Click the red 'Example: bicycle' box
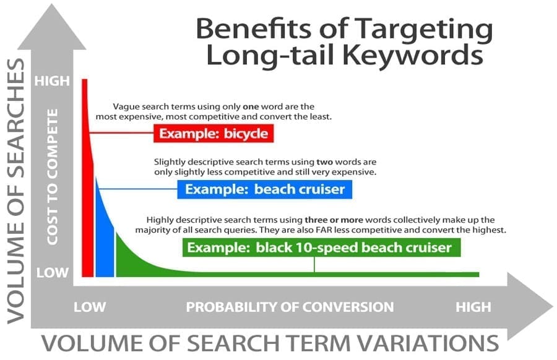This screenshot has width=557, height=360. click(214, 134)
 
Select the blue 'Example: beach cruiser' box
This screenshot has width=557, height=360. click(265, 189)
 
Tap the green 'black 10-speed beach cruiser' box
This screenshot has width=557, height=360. click(321, 247)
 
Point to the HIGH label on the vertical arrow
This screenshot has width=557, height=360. click(52, 81)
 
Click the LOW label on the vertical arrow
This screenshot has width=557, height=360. click(52, 273)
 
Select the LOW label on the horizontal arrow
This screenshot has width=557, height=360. click(90, 307)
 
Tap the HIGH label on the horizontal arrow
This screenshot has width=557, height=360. click(473, 307)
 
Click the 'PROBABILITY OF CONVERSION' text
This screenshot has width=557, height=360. click(290, 307)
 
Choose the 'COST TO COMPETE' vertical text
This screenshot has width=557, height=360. click(52, 177)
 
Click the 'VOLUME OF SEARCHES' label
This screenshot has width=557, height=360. click(16, 191)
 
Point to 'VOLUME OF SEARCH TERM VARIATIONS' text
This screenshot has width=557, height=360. click(270, 343)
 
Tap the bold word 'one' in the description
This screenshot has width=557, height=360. click(251, 106)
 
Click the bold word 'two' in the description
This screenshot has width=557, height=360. click(325, 162)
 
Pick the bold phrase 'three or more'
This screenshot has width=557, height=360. click(334, 220)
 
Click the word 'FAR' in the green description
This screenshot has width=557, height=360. click(323, 229)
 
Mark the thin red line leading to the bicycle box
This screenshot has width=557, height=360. click(121, 133)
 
